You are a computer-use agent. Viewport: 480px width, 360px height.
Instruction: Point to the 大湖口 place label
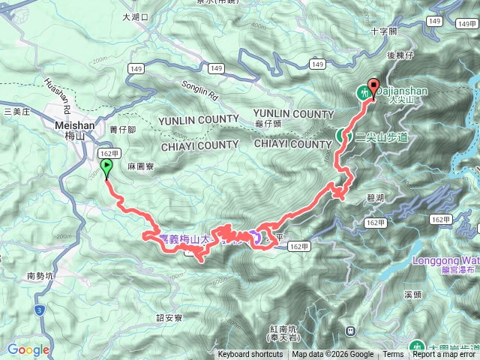point(135,16)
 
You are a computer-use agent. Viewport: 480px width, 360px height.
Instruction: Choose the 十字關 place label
point(383,31)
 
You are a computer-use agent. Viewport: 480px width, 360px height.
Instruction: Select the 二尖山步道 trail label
point(381,137)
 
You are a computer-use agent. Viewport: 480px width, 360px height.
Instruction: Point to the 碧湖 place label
point(376,197)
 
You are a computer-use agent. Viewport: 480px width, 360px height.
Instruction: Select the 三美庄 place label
point(16,112)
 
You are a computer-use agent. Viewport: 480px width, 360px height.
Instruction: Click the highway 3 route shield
point(38,309)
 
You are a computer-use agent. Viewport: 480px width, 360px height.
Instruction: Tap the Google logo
point(28,349)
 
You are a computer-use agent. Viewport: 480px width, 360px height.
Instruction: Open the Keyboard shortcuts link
point(250,355)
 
